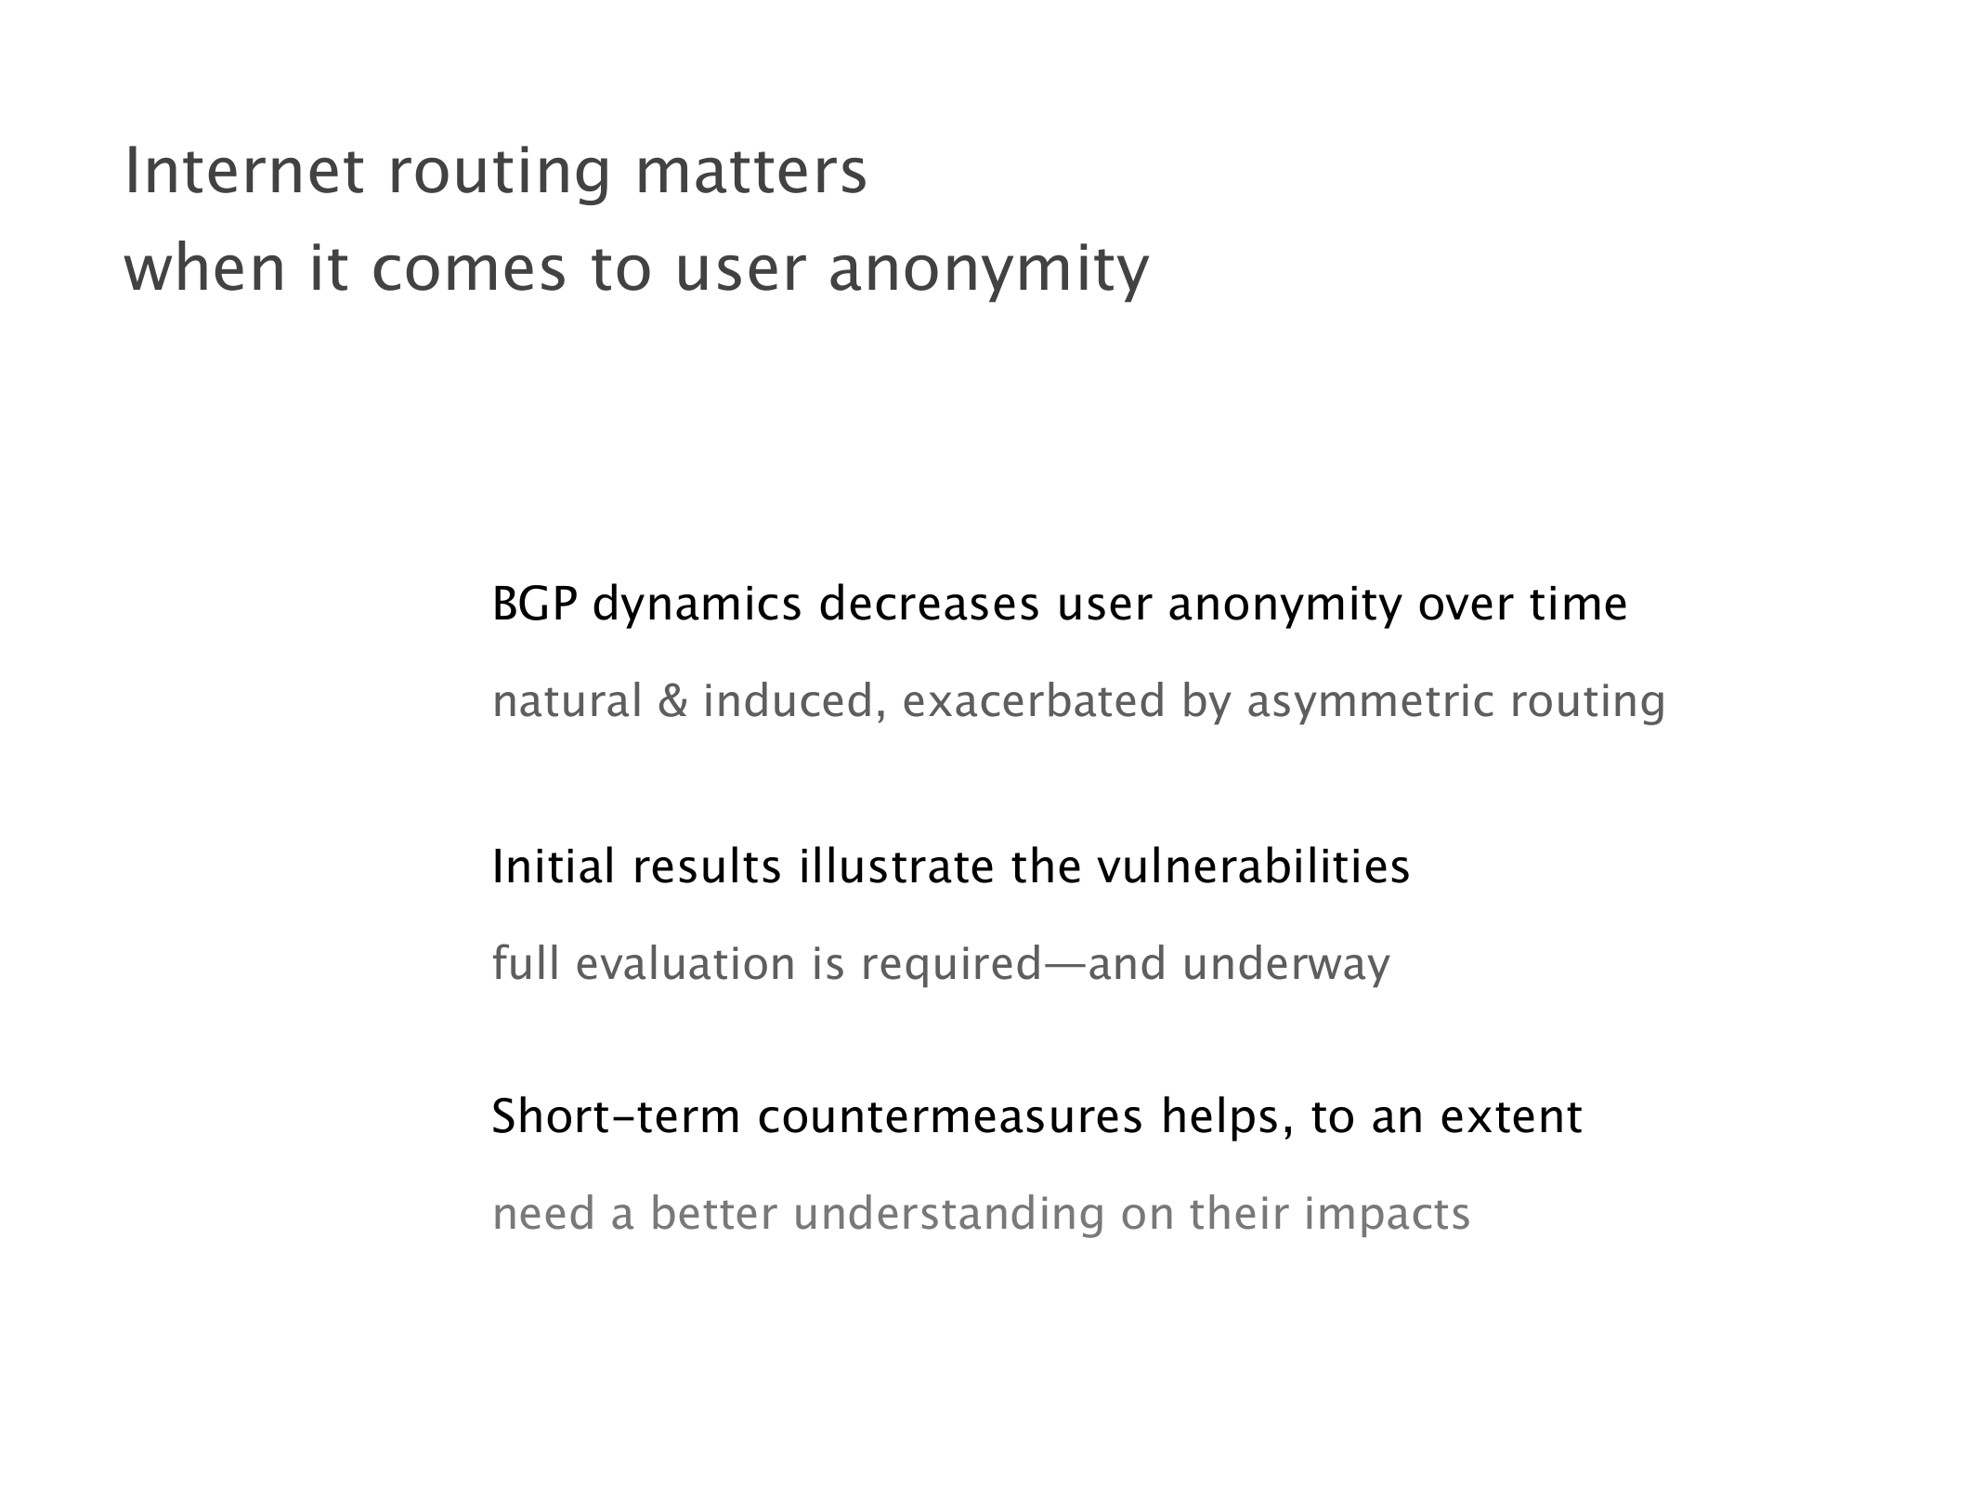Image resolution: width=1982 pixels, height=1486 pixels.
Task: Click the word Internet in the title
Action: click(244, 172)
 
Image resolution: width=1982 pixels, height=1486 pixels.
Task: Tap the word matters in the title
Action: click(750, 172)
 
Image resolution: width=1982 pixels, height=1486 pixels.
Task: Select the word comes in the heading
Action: click(469, 271)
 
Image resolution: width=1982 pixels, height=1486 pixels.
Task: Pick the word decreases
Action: click(929, 604)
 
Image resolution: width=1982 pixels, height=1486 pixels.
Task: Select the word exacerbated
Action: click(1034, 700)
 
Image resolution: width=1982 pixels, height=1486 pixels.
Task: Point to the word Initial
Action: click(554, 867)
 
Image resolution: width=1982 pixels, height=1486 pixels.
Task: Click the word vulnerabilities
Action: click(1254, 867)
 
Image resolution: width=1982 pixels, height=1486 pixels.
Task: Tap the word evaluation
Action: click(685, 963)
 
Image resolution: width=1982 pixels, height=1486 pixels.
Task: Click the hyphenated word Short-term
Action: click(616, 1116)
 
